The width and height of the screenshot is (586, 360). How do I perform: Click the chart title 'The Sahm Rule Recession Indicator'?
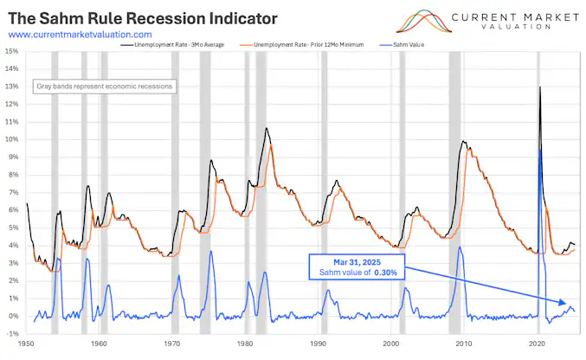pos(143,17)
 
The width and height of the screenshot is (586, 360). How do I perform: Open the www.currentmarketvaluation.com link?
pos(86,34)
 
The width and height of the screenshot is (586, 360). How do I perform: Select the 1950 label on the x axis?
pos(28,343)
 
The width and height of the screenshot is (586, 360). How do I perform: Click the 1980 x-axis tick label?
pos(244,343)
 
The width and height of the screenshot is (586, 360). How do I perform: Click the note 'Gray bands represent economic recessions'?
pos(104,87)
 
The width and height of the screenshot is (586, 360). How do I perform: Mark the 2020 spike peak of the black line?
pos(540,87)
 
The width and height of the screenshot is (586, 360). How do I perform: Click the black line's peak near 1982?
pos(267,128)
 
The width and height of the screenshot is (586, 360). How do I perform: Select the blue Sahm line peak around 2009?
pos(460,247)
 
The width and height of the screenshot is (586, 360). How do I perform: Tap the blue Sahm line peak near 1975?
pos(210,251)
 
